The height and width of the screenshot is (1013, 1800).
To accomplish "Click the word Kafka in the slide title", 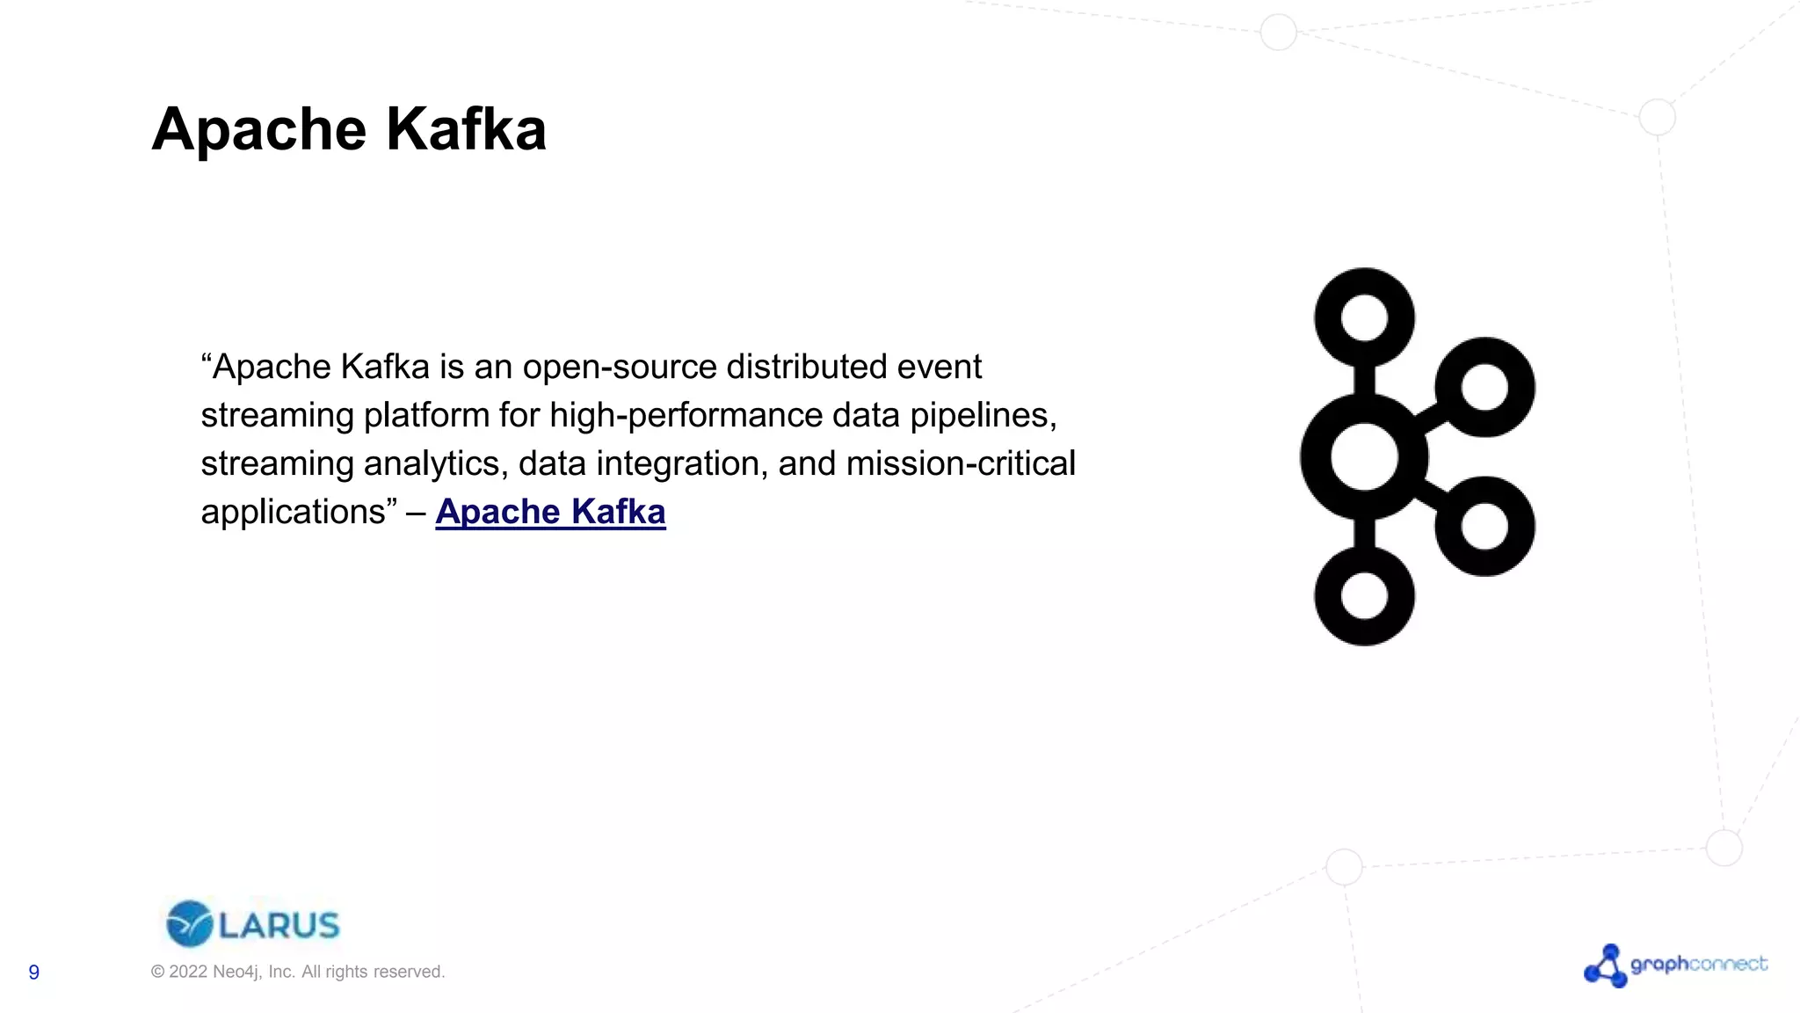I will click(466, 130).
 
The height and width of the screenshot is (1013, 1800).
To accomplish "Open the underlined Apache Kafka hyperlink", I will click(550, 512).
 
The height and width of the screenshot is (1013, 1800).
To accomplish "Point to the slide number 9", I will click(34, 972).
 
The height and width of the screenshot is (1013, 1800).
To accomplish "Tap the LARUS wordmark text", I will click(279, 925).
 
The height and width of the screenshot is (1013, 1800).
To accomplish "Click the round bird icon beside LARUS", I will click(189, 924).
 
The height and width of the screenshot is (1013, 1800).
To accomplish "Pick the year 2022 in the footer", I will click(188, 972).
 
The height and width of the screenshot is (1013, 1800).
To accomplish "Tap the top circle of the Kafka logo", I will click(1364, 317).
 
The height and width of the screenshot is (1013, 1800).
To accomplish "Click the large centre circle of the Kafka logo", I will click(1364, 456).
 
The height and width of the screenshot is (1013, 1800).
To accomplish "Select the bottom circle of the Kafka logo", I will click(1364, 595).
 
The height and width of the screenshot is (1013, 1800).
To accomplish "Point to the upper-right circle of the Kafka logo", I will click(1484, 387).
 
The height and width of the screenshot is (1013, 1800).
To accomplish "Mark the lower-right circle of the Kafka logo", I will click(1484, 526).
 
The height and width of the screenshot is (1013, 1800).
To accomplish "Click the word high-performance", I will click(686, 415).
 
